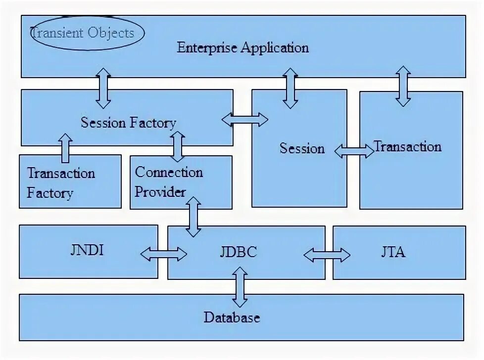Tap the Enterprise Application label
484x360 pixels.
point(242,48)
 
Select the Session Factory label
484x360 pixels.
point(128,122)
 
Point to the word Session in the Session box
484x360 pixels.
point(302,148)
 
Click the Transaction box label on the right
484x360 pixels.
point(407,146)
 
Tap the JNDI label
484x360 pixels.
point(87,250)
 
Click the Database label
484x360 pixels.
point(232,317)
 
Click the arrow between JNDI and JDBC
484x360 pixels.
point(163,254)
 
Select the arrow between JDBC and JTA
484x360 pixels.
point(327,255)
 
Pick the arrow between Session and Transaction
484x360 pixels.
point(354,151)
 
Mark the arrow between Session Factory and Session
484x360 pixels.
point(244,119)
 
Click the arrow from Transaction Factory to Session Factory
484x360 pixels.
point(65,147)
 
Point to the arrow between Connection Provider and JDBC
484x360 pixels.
point(193,217)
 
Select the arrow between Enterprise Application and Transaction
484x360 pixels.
point(403,86)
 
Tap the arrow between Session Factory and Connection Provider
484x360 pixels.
point(177,146)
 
